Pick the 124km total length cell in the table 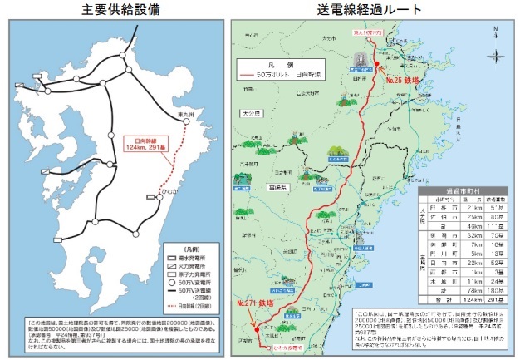coord(456,312)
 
